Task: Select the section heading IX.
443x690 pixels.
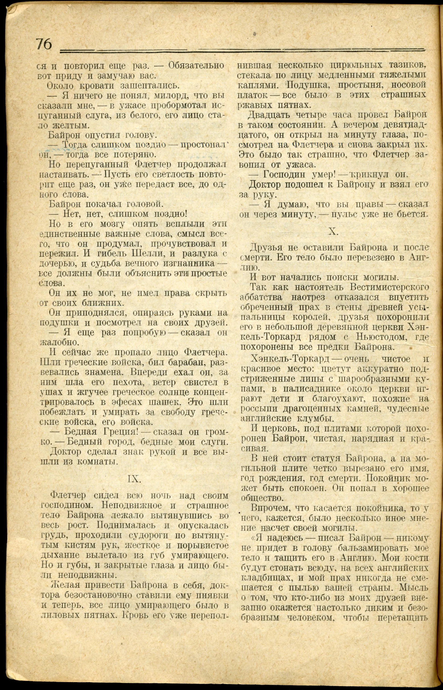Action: click(x=134, y=479)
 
